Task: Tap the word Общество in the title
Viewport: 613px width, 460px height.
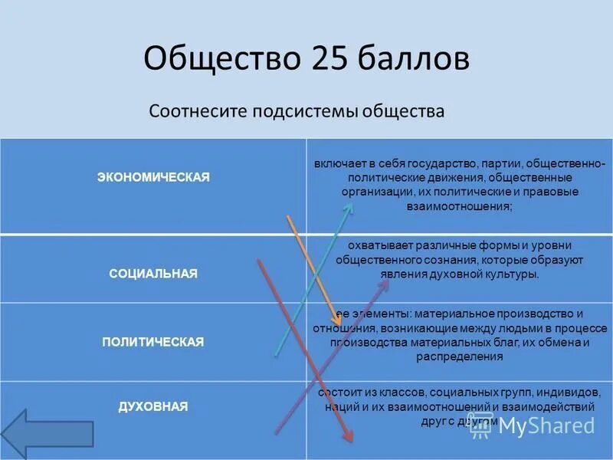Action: [x=222, y=59]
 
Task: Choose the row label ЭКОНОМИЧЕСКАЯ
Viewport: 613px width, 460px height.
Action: [x=153, y=177]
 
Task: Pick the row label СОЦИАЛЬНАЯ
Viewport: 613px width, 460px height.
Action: [x=153, y=274]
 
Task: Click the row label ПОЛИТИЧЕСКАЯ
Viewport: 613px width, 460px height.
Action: [x=153, y=342]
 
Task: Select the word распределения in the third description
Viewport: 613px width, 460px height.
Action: [x=460, y=356]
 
